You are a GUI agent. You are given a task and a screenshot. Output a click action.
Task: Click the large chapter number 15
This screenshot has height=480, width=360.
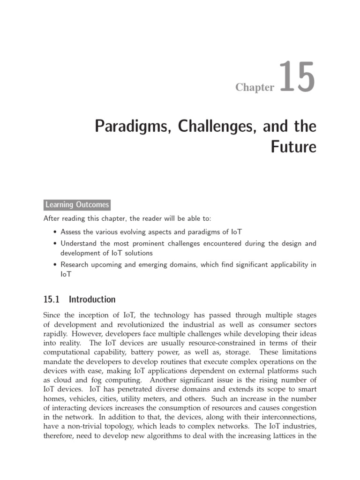[296, 78]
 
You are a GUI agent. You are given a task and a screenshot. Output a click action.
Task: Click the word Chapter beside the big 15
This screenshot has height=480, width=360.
[255, 88]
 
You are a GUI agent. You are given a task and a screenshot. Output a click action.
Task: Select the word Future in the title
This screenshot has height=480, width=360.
[294, 147]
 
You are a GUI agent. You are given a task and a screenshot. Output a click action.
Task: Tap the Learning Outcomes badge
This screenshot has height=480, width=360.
[77, 204]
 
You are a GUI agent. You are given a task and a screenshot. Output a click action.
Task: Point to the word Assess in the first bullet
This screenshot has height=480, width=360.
[72, 232]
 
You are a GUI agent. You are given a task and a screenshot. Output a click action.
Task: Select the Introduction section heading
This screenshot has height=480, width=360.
[92, 299]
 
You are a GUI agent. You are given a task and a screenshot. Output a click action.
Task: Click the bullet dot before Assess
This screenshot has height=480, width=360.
[56, 232]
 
